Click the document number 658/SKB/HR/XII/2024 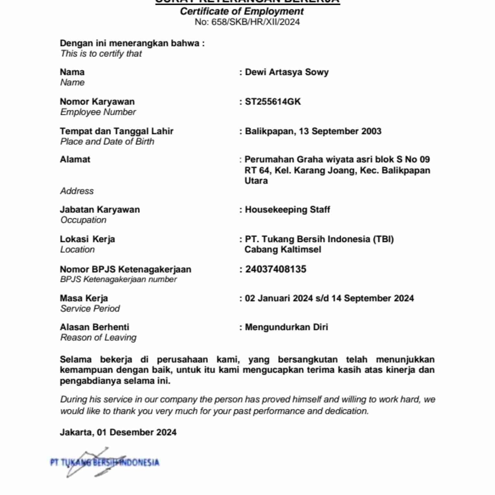click(x=255, y=22)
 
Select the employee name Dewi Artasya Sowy click(x=287, y=72)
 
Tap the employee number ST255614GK click(x=273, y=102)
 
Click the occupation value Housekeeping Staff click(x=287, y=210)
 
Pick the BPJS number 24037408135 click(x=276, y=269)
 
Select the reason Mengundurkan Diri click(x=286, y=327)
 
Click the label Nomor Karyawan click(x=97, y=102)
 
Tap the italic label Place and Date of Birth click(x=107, y=142)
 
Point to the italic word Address click(x=77, y=191)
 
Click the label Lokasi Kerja click(x=87, y=239)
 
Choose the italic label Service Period click(x=90, y=308)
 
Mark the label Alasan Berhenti click(x=95, y=327)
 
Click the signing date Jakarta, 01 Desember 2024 click(x=118, y=432)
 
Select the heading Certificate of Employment click(x=242, y=11)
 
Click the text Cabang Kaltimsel click(x=283, y=249)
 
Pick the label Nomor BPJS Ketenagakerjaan click(x=126, y=269)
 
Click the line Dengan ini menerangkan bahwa click(x=132, y=43)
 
